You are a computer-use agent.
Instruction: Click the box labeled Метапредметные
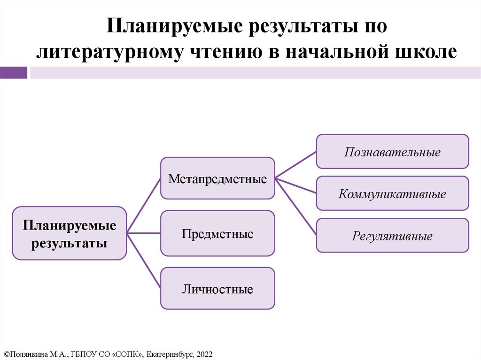coord(217,178)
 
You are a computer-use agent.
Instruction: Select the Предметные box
coord(217,233)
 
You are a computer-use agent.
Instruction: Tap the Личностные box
coord(217,289)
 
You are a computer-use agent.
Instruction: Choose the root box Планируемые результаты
coord(69,233)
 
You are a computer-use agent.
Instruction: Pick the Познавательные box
coord(392,152)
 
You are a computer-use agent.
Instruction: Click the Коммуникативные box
coord(392,193)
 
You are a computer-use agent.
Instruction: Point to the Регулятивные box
coord(392,236)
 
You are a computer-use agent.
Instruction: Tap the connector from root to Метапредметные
coord(143,206)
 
